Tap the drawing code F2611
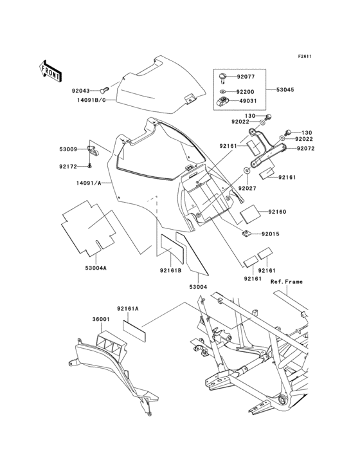tap(304, 56)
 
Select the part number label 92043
tap(90, 91)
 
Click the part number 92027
tap(247, 187)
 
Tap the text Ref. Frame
tap(286, 282)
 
